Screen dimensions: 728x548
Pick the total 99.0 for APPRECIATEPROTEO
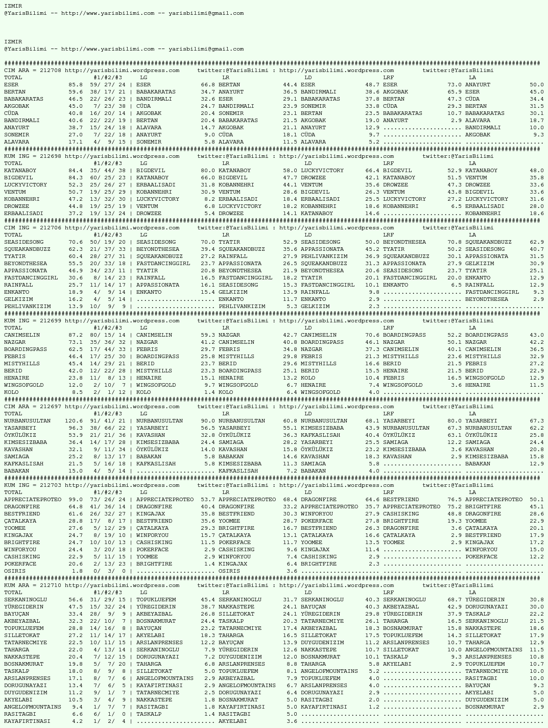click(x=75, y=500)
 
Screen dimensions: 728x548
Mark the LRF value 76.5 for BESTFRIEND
click(x=455, y=500)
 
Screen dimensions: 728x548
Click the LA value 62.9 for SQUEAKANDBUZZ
click(x=537, y=242)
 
